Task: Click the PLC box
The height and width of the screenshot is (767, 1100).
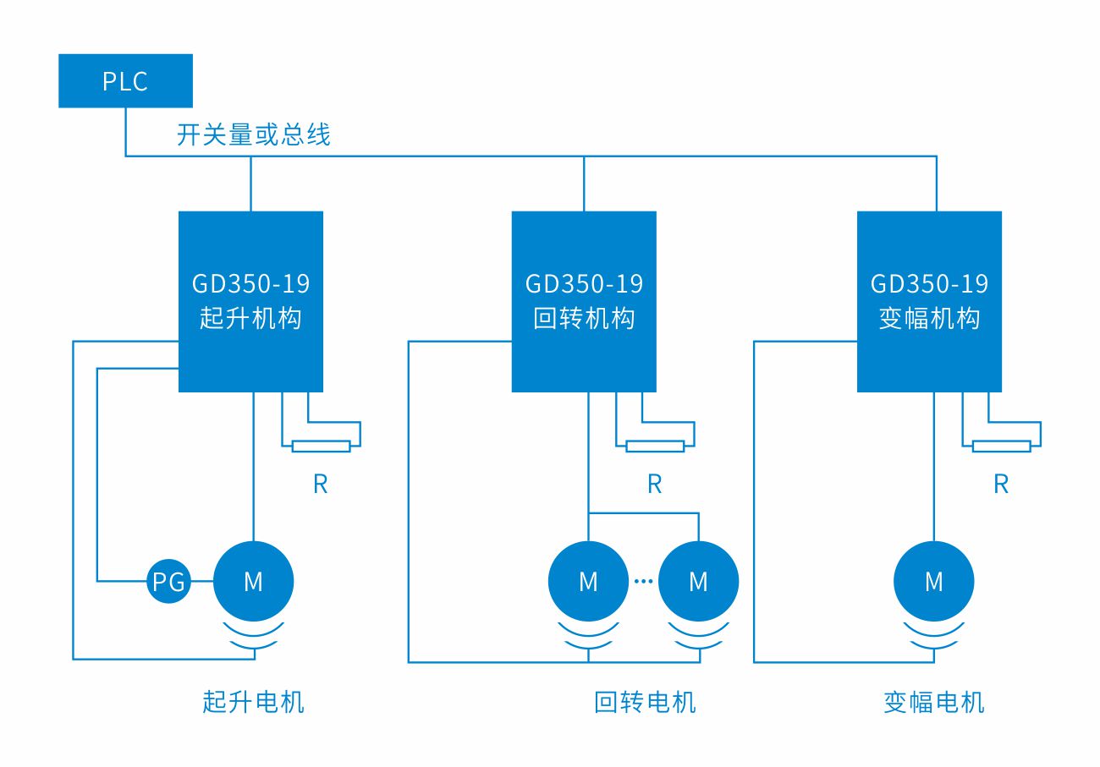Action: tap(125, 81)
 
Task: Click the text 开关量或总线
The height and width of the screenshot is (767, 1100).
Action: tap(253, 134)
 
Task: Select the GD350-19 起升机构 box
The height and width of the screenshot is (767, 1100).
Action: tap(250, 301)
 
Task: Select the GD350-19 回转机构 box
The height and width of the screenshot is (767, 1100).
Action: tap(584, 301)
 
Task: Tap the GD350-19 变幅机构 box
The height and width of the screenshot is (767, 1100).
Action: tap(929, 301)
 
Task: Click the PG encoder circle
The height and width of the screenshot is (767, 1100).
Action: tap(168, 581)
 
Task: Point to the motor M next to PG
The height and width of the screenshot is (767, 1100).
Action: tap(253, 581)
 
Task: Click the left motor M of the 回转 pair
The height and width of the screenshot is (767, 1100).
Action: tap(588, 581)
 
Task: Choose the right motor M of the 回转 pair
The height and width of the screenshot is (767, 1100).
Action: tap(698, 581)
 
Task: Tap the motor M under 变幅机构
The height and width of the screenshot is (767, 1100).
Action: tap(933, 581)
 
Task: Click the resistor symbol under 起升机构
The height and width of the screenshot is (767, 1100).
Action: tap(321, 447)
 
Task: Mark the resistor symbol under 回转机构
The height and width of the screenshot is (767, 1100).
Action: tap(655, 447)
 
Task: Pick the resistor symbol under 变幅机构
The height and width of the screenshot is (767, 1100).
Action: tap(1001, 447)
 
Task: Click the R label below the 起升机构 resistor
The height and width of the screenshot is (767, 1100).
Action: tap(320, 484)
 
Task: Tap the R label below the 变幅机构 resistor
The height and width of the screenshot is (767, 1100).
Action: tap(1001, 484)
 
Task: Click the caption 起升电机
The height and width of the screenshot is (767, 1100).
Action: tap(253, 701)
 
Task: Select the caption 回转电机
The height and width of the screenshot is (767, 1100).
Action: tap(645, 702)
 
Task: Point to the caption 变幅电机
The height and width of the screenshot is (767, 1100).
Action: tap(934, 702)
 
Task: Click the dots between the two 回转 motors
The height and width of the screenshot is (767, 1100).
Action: tap(643, 581)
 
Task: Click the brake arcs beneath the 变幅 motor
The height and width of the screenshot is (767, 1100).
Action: tap(933, 638)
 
